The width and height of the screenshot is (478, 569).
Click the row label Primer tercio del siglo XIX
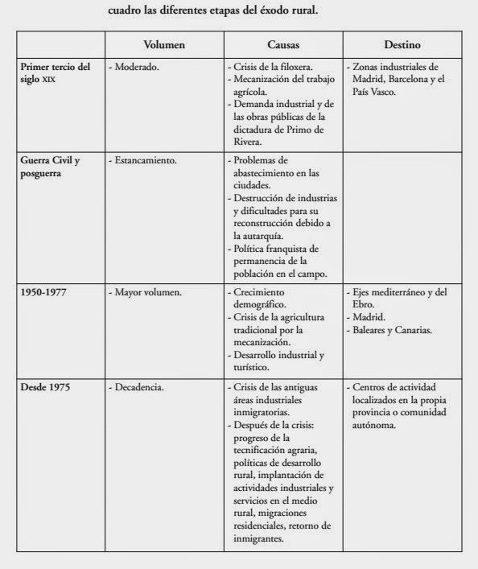[55, 72]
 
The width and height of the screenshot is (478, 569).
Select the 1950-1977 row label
[44, 293]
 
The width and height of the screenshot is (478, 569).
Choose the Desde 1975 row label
[45, 388]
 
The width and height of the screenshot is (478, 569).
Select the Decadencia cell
[138, 388]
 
